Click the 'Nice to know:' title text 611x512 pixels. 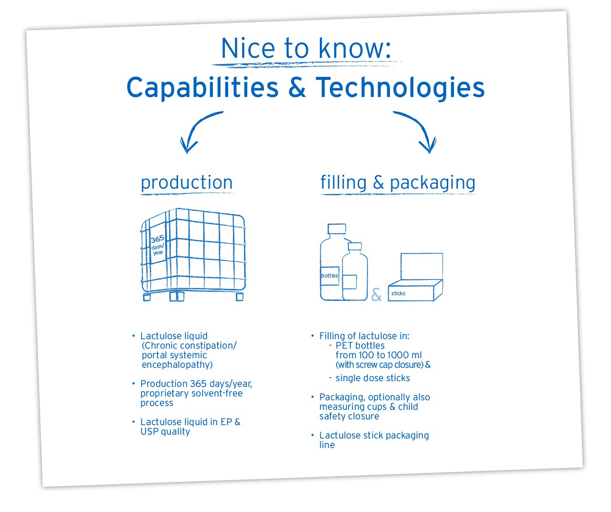pos(306,48)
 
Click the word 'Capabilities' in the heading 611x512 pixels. pos(202,88)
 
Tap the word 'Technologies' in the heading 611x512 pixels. pos(400,87)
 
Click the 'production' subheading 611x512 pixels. pos(187,182)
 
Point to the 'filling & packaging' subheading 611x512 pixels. pos(398,182)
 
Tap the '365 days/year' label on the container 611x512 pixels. pos(158,245)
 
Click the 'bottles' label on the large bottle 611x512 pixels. pos(329,276)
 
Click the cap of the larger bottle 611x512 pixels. pos(337,229)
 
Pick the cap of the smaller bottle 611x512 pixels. pos(355,246)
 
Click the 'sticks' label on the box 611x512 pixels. pos(398,293)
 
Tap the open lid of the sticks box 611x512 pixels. pos(421,267)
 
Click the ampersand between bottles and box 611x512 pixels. pos(376,294)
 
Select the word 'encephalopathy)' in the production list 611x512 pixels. pos(177,365)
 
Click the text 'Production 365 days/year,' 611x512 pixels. pos(196,384)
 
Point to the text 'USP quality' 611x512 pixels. pos(165,431)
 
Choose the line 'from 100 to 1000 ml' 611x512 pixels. pos(379,355)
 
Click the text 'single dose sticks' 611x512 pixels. pos(373,378)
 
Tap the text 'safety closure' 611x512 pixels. pos(349,416)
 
